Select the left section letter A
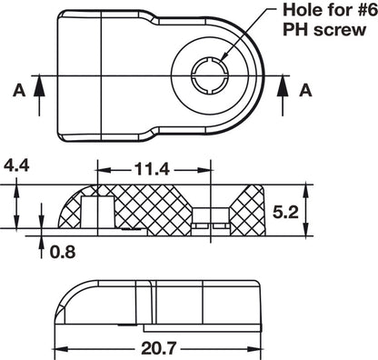click(16, 91)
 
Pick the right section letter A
click(305, 91)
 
